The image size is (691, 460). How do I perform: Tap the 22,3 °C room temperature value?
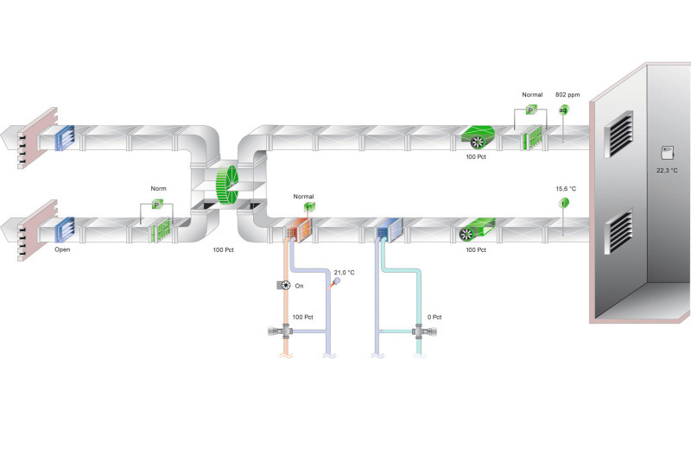(666, 170)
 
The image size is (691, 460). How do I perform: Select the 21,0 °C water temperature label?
(345, 272)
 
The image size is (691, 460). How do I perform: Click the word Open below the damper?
(62, 249)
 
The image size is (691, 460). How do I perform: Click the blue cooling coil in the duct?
(385, 230)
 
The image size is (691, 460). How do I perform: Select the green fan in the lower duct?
(472, 230)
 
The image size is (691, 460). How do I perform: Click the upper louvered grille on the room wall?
(619, 133)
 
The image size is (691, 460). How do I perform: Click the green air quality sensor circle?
(563, 110)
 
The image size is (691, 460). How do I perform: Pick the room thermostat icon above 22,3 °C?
(665, 153)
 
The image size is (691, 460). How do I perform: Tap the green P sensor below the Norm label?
(157, 205)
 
